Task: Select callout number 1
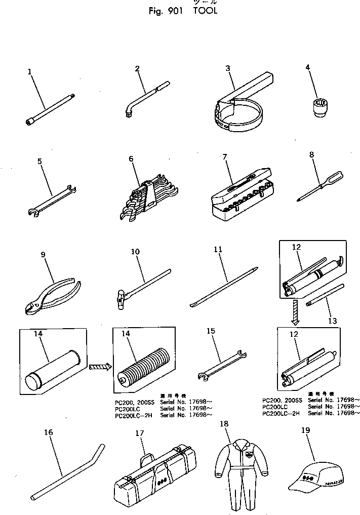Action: (30, 72)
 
